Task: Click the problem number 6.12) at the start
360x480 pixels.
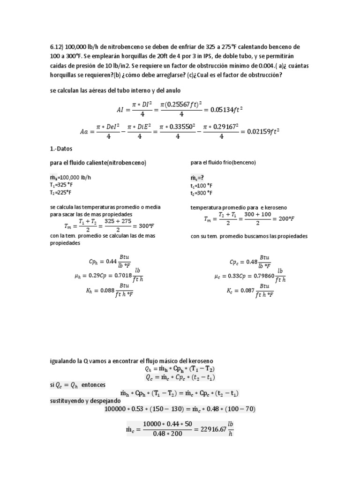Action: tap(57, 47)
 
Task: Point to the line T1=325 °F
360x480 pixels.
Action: tap(63, 185)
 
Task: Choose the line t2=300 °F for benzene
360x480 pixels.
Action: tap(202, 192)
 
